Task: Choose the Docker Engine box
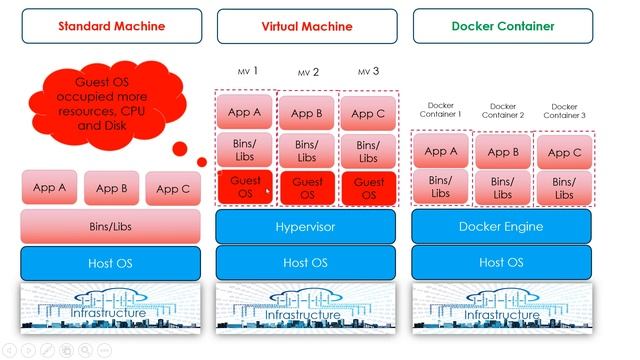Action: (x=501, y=227)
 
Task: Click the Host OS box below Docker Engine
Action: (x=501, y=263)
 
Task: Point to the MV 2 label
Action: (x=307, y=73)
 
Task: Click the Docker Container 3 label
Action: (x=564, y=110)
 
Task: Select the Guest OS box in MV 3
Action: (x=368, y=188)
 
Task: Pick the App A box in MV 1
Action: (x=244, y=113)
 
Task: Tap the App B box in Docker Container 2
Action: (x=502, y=152)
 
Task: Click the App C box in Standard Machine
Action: (x=172, y=188)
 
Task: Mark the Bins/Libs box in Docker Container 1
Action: (x=440, y=187)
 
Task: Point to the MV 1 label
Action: (x=248, y=71)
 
